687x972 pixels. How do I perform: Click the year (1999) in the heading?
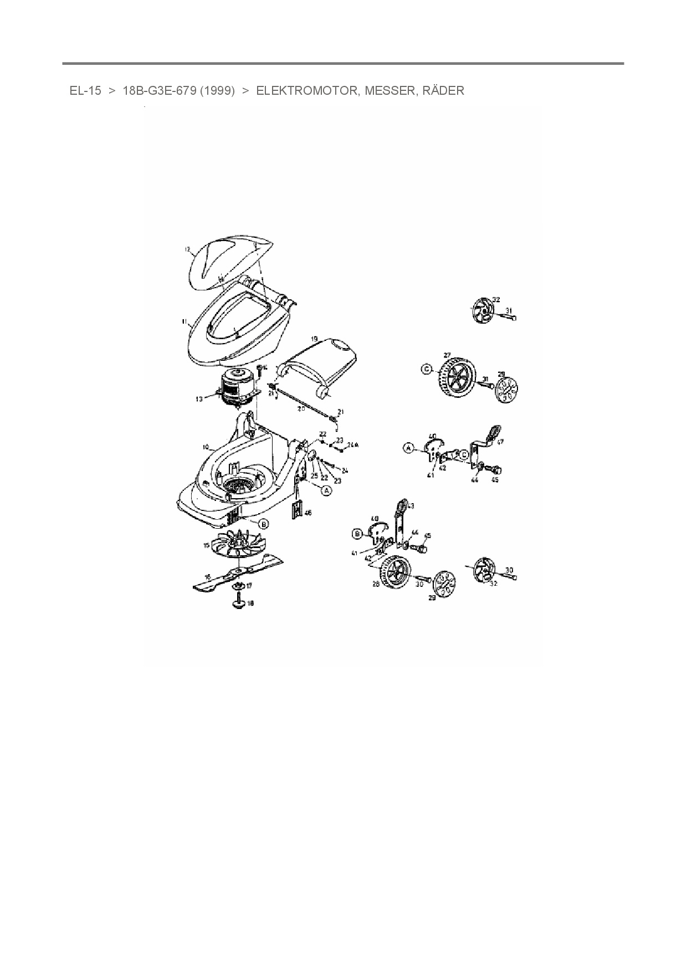218,91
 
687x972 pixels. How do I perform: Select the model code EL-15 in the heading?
85,91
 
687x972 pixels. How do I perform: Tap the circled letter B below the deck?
264,524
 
